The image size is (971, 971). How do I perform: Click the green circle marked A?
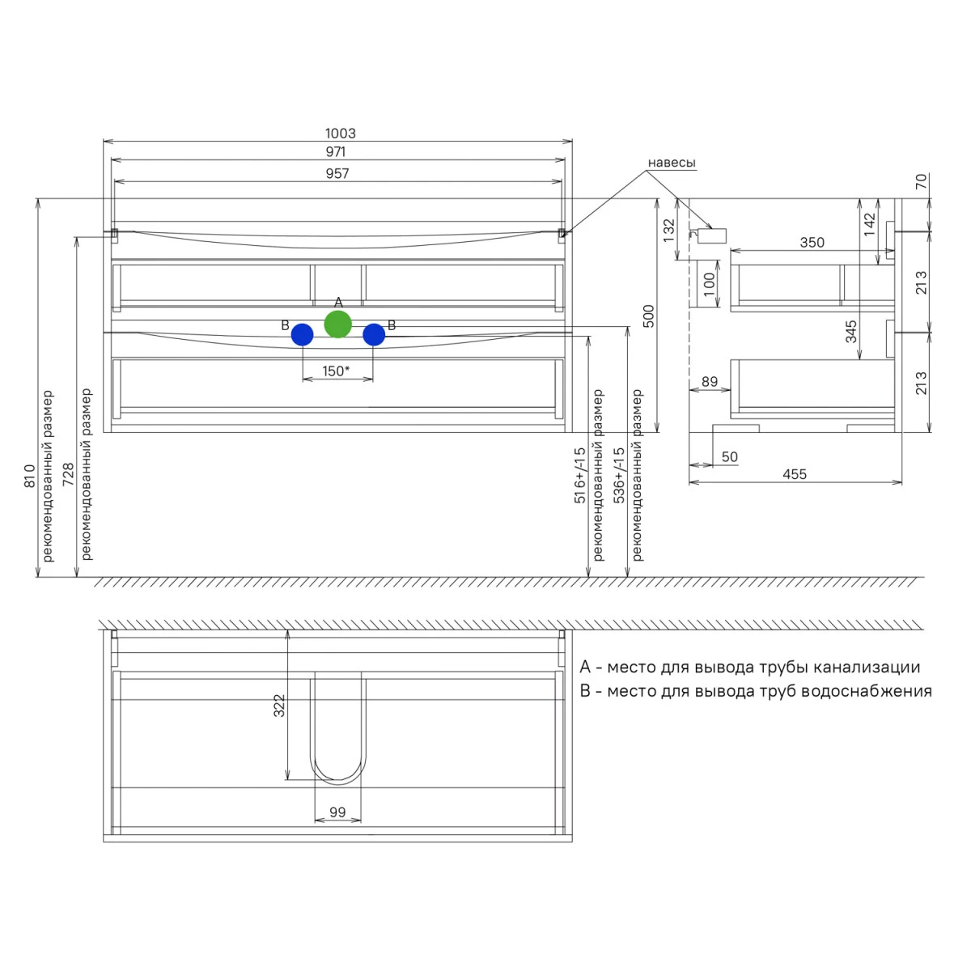click(x=337, y=324)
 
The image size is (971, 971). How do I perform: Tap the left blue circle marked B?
click(x=303, y=334)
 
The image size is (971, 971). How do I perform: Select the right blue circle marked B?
click(x=374, y=334)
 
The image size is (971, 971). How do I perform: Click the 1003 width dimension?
click(x=340, y=134)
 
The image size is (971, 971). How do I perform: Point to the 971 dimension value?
click(x=336, y=151)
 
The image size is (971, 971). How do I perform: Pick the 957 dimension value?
click(x=337, y=173)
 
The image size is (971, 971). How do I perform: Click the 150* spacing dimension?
click(x=336, y=371)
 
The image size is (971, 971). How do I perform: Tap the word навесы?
click(x=672, y=163)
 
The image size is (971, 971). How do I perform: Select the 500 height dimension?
click(x=648, y=316)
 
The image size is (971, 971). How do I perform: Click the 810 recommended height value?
click(x=30, y=476)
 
